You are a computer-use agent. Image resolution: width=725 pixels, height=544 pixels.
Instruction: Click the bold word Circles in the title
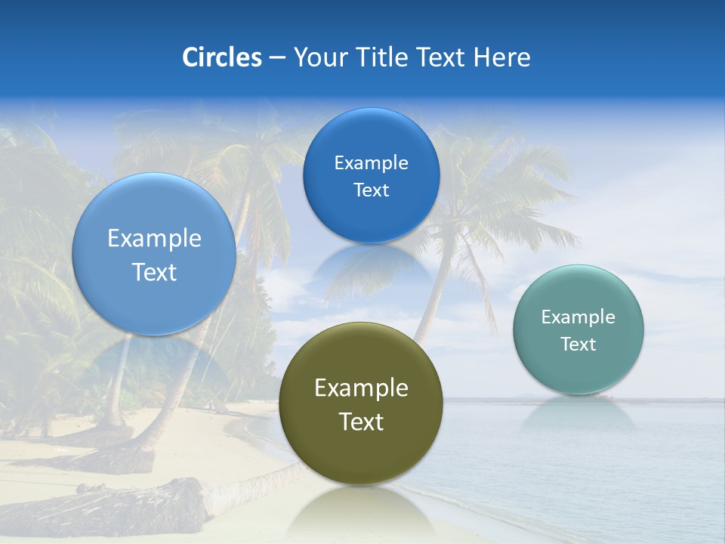click(x=222, y=57)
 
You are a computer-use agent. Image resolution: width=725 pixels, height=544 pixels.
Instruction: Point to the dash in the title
click(x=277, y=58)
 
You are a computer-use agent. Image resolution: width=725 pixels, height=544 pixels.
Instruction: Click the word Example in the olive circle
click(x=361, y=388)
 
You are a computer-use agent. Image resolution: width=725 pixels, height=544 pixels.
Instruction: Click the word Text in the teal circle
click(x=578, y=345)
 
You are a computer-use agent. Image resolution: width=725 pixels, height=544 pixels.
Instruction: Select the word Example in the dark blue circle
click(x=371, y=163)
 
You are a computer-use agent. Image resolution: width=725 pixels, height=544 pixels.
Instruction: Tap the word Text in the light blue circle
click(x=154, y=273)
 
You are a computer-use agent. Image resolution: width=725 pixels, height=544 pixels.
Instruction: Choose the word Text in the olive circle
click(x=361, y=422)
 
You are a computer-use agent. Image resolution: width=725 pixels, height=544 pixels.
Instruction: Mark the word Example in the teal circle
click(x=578, y=317)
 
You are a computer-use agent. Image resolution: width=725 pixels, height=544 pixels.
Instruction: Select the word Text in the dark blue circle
click(x=371, y=190)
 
